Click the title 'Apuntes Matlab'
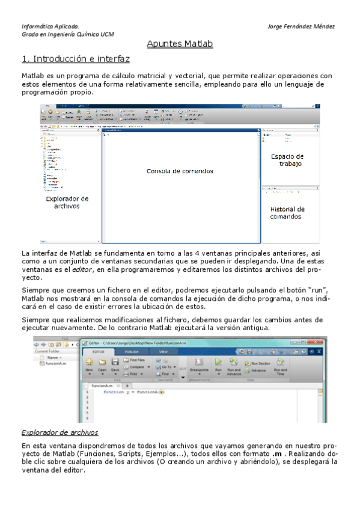click(180, 44)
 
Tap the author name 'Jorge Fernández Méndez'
click(301, 26)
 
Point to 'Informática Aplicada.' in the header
click(50, 26)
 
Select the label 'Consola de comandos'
click(180, 171)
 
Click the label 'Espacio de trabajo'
click(287, 160)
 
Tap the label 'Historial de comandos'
click(287, 213)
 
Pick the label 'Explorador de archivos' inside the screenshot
click(67, 202)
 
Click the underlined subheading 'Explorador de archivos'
click(60, 432)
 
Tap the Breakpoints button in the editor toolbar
click(198, 366)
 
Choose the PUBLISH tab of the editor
click(131, 351)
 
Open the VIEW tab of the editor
click(163, 351)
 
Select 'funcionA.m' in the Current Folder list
click(56, 363)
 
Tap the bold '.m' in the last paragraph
click(277, 453)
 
